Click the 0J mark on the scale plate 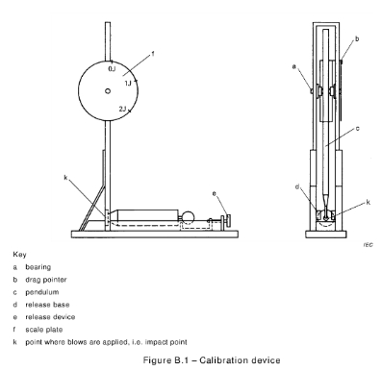tap(112, 69)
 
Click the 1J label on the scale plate tap(128, 84)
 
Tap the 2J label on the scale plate tap(122, 110)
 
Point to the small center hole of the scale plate tap(108, 91)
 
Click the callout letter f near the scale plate tap(153, 54)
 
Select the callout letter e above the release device tap(215, 193)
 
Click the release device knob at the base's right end tap(228, 220)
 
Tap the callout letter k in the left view tap(65, 177)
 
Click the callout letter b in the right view tap(357, 38)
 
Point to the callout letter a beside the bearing tap(293, 66)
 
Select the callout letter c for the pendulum tap(357, 129)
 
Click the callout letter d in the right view tap(297, 186)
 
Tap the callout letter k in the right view tap(368, 202)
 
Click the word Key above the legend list tap(19, 255)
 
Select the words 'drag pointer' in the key tap(46, 280)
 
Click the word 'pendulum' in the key tap(42, 292)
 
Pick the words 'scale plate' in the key tap(44, 330)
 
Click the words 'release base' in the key tap(47, 305)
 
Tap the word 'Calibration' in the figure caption tap(218, 360)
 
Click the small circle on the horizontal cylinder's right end tap(188, 217)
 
